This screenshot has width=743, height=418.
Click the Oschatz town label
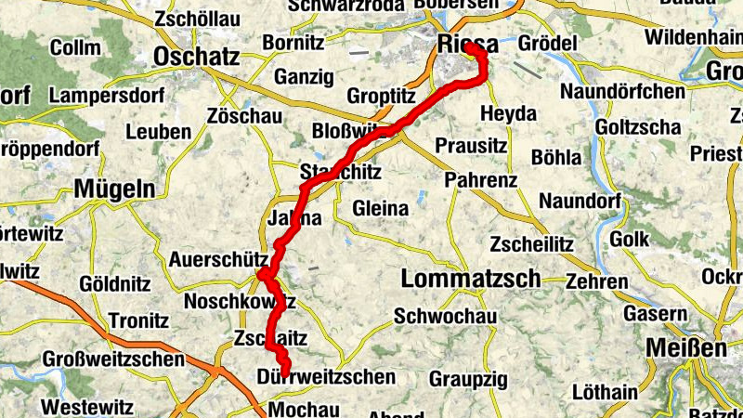[199, 55]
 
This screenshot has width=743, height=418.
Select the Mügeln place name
[114, 189]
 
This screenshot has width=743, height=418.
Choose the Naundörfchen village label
[623, 92]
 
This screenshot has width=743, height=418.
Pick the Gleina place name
[381, 209]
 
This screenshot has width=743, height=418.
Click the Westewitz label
[88, 406]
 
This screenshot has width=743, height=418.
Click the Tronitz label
[137, 320]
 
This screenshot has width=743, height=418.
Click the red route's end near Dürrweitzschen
[283, 372]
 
